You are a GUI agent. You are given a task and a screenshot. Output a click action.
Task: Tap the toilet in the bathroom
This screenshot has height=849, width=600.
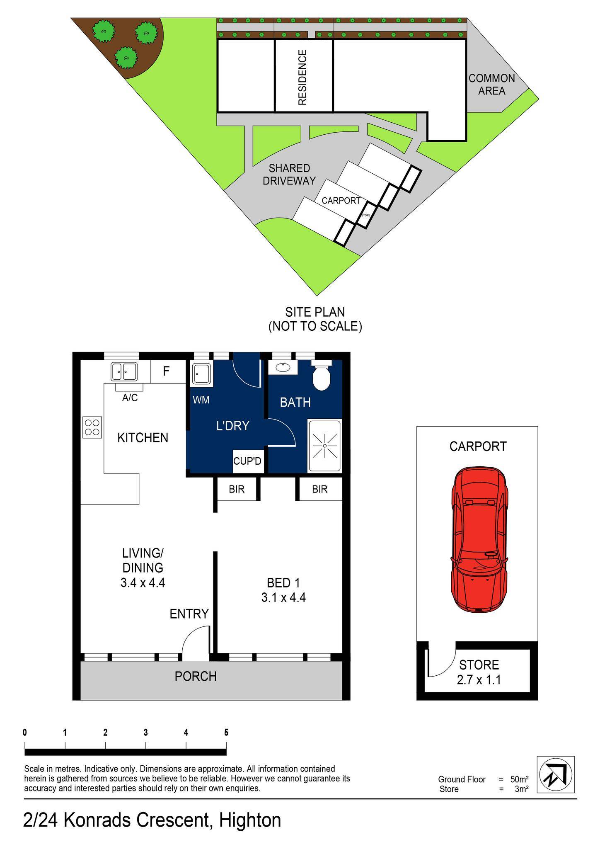click(321, 375)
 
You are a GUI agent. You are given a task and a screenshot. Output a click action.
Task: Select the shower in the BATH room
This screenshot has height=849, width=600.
click(324, 446)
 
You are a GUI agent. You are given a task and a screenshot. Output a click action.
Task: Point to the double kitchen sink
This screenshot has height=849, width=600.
click(124, 371)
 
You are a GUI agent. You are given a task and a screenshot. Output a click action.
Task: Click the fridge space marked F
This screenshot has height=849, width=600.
click(166, 371)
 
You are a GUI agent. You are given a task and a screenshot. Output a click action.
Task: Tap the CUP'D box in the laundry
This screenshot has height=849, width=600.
click(247, 461)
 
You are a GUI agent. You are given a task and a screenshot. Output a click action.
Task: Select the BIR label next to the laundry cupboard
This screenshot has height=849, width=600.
click(237, 489)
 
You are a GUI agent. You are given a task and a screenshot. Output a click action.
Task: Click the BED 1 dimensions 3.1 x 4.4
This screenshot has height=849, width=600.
click(283, 597)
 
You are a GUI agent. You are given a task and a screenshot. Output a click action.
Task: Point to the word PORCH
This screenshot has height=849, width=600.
click(196, 676)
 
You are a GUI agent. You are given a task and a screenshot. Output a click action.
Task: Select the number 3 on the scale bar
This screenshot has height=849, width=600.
click(145, 733)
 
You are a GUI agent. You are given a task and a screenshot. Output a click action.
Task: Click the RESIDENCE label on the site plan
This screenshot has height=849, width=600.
click(303, 77)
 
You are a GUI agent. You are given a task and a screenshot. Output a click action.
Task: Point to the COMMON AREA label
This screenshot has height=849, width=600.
click(492, 84)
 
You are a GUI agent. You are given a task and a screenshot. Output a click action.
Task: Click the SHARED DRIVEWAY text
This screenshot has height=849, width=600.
click(289, 175)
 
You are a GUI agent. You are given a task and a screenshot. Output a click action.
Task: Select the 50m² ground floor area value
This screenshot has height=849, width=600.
click(519, 779)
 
